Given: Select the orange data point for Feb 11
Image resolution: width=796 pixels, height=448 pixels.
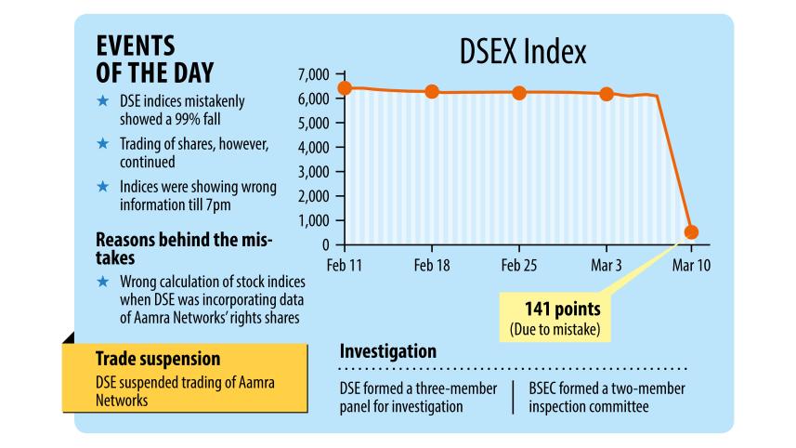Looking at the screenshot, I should coord(345,88).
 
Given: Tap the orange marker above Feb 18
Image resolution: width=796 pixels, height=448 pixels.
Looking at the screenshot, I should coord(432,92).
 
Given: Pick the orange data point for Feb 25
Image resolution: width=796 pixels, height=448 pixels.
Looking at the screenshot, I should coord(519,93).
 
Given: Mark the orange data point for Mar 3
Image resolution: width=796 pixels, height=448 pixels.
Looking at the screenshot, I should coord(607,94).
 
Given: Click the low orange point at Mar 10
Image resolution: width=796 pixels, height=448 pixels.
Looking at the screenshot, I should coord(691,232).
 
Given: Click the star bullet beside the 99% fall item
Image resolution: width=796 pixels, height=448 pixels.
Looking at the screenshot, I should coord(103,99).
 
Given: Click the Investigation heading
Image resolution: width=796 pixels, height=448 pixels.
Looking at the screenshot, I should coord(388,352).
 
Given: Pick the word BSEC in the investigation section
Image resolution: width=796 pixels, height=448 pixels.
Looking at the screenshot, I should coord(548,388).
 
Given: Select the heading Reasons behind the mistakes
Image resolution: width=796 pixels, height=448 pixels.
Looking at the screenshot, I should coord(184,246).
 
